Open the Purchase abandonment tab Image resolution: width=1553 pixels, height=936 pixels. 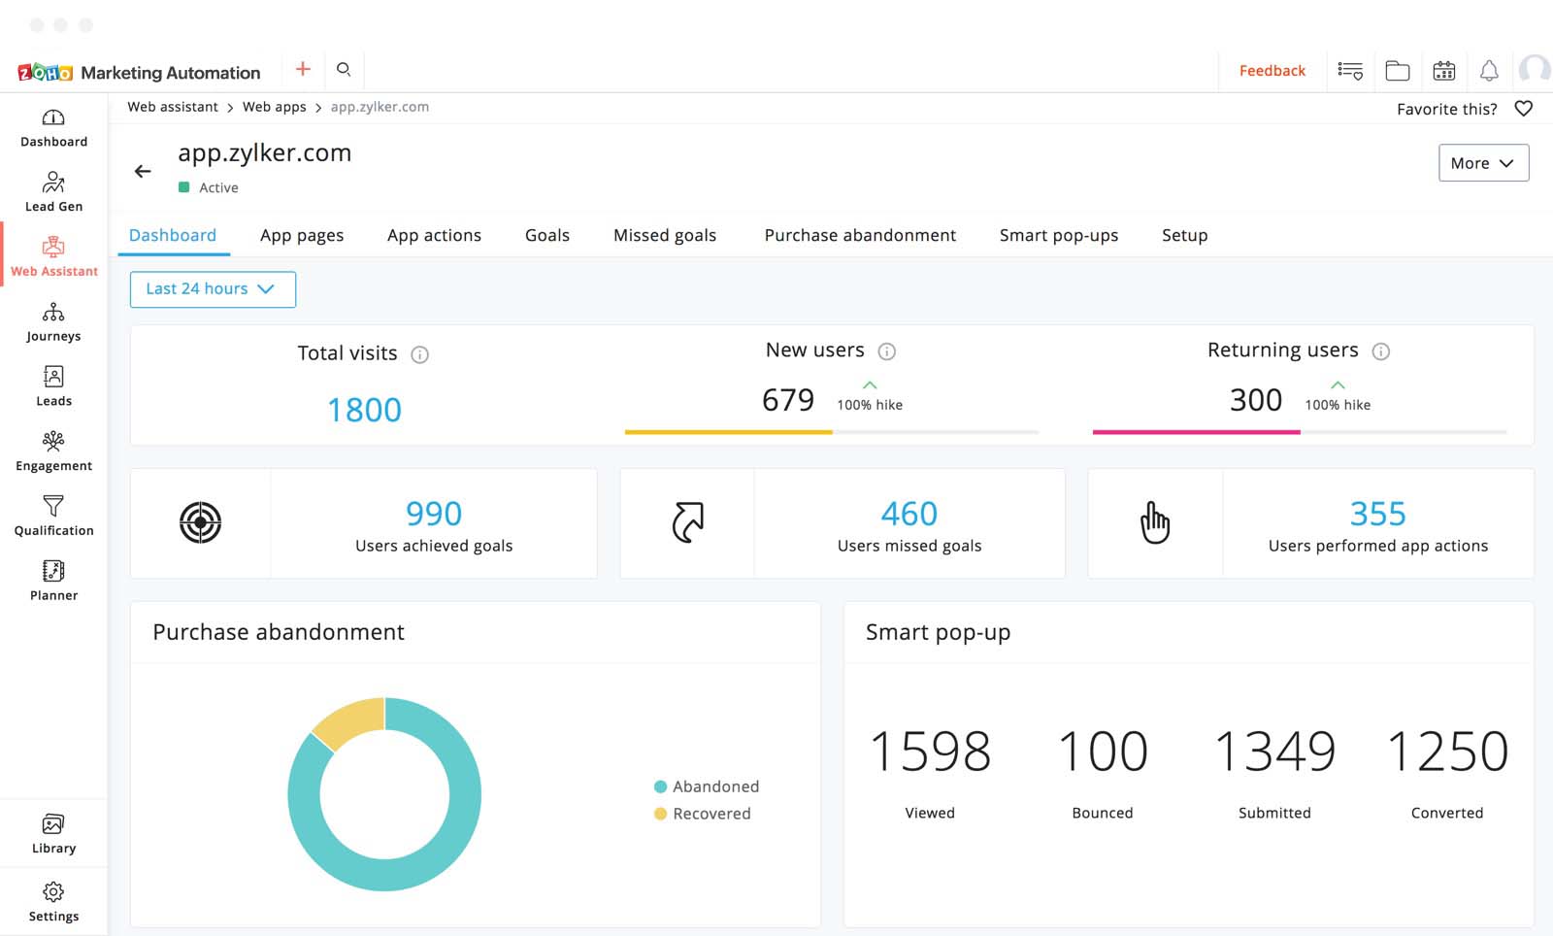point(859,235)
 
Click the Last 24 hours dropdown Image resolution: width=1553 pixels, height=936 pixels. point(213,289)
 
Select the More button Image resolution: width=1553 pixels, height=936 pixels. point(1482,163)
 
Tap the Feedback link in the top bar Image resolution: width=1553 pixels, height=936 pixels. point(1272,71)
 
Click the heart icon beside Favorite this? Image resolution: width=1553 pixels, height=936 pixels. point(1523,109)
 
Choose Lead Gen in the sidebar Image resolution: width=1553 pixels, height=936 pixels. point(53,191)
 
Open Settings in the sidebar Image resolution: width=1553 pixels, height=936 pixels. point(53,901)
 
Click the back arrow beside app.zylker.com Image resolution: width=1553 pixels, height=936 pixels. point(143,172)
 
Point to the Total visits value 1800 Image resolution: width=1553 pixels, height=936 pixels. point(364,410)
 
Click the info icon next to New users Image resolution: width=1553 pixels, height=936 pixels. point(886,351)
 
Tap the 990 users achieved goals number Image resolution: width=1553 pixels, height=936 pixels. point(434,513)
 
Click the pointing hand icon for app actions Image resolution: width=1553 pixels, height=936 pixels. point(1154,522)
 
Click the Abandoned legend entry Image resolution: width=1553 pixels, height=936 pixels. point(714,786)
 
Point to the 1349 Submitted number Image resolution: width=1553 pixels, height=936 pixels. point(1273,752)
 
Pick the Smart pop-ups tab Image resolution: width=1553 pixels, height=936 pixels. point(1058,235)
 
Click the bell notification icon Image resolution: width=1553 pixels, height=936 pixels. point(1488,71)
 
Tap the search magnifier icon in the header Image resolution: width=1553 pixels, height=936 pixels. point(344,70)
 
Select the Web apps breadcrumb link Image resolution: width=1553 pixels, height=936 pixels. point(274,107)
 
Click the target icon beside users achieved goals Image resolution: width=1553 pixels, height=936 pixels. point(201,522)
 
